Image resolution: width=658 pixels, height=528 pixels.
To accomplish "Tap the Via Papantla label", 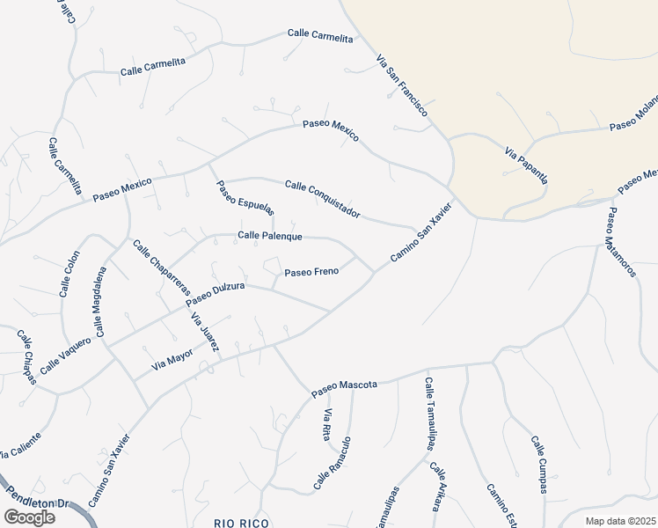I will click(526, 165).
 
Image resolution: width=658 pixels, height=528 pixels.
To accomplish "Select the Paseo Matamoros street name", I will click(621, 242).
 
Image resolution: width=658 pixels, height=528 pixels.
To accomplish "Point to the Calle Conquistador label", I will click(323, 199).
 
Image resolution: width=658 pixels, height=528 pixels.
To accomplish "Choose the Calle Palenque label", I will click(270, 236).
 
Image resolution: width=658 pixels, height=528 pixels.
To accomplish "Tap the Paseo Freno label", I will click(311, 272).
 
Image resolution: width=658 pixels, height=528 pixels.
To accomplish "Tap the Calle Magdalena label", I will click(99, 303).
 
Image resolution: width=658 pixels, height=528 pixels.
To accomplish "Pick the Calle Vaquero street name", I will click(65, 354).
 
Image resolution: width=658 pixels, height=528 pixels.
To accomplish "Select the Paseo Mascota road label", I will click(345, 385).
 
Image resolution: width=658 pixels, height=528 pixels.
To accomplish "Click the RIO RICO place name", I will click(241, 523).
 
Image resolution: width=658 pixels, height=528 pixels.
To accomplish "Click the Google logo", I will click(29, 517).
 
